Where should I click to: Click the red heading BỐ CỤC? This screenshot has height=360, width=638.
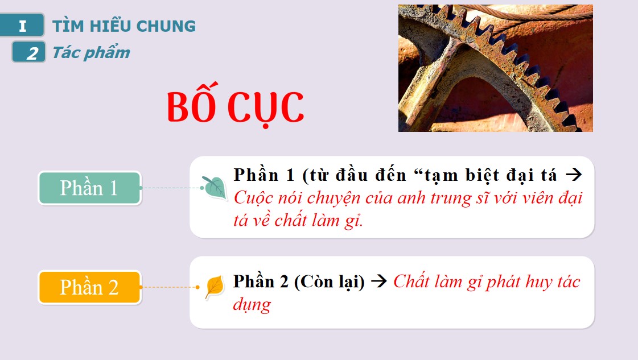click(235, 106)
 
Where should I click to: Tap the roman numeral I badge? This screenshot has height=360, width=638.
click(22, 26)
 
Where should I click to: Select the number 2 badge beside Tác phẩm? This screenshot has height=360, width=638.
click(28, 53)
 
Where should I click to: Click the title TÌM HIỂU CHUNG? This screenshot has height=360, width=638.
click(124, 26)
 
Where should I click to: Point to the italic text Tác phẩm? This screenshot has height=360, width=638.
click(91, 53)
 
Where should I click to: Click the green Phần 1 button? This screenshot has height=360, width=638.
click(89, 188)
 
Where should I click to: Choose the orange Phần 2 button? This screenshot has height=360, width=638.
click(89, 287)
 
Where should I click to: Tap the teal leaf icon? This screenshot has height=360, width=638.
click(215, 187)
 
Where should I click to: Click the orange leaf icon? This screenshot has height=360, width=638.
click(214, 286)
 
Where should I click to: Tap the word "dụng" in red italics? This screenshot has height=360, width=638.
click(252, 304)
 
